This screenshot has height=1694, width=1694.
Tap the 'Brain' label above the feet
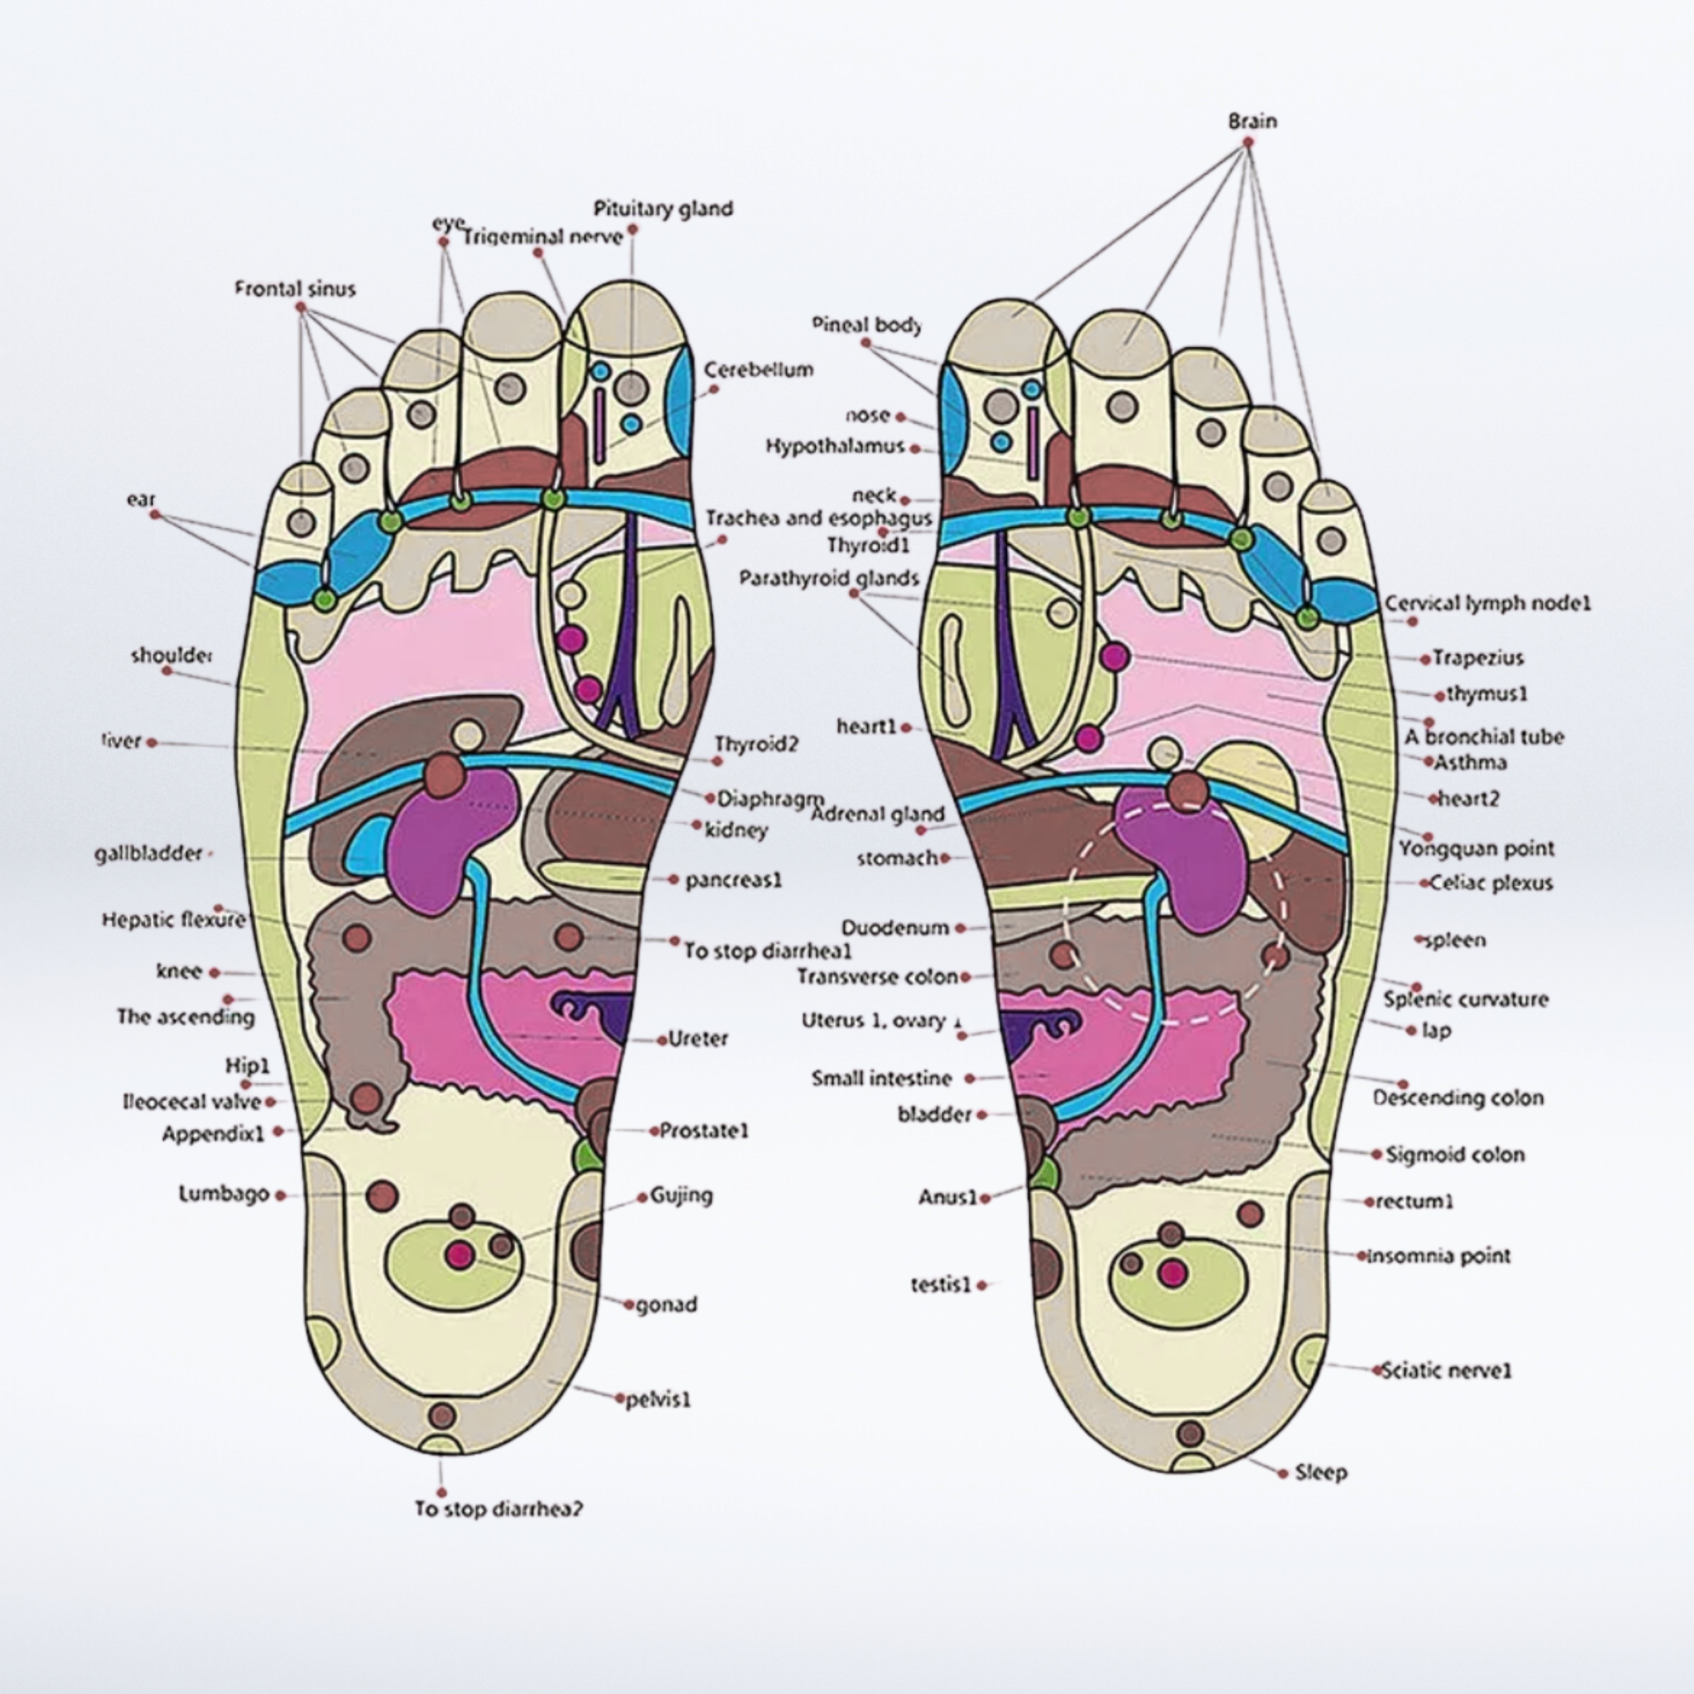click(1252, 121)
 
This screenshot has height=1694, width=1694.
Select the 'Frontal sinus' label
click(295, 289)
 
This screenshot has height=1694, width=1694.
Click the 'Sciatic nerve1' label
click(1447, 1369)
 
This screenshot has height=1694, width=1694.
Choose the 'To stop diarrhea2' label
click(498, 1508)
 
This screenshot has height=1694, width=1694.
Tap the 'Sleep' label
click(1321, 1472)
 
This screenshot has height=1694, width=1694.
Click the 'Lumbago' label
click(224, 1194)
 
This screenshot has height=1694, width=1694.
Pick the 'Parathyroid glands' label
click(829, 578)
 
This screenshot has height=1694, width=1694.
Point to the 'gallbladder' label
click(148, 852)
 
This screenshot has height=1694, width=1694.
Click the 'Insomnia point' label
click(1439, 1256)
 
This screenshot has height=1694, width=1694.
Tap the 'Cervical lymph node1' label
click(1487, 603)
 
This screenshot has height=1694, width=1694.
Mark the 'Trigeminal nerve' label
click(543, 236)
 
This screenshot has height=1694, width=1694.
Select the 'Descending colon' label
click(1458, 1097)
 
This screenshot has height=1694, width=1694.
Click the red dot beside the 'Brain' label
click(1247, 142)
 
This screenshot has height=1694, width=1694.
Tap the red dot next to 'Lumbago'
click(281, 1195)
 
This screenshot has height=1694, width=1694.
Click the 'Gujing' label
click(681, 1194)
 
